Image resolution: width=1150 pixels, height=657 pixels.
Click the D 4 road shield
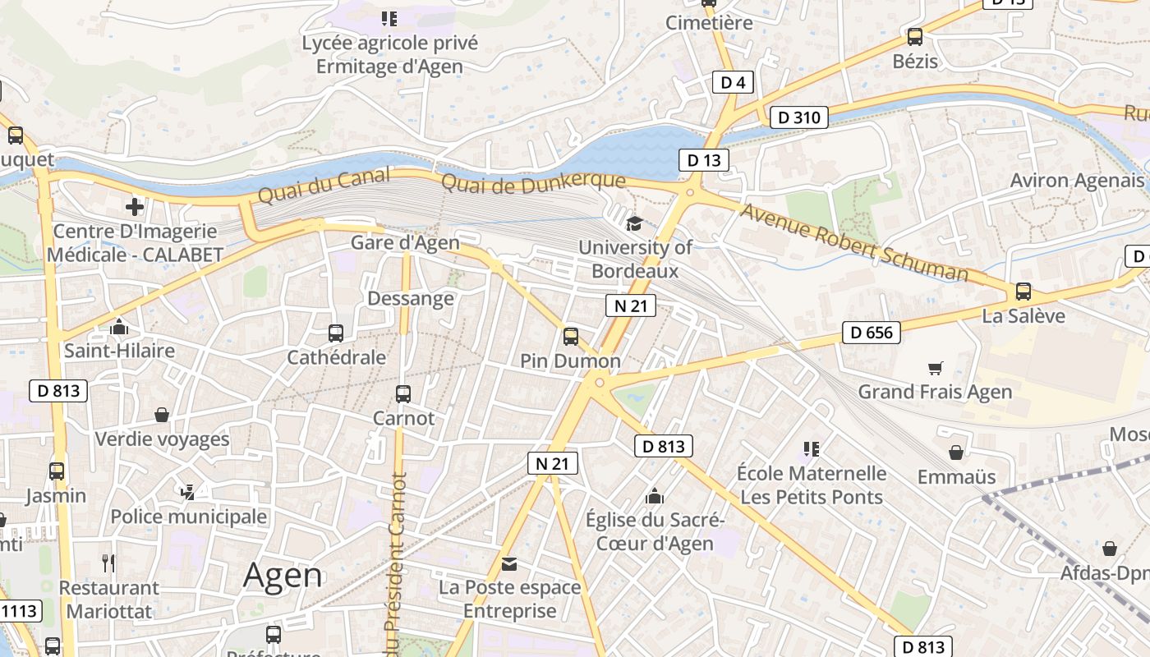(x=733, y=82)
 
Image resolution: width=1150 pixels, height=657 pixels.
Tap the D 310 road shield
(x=798, y=117)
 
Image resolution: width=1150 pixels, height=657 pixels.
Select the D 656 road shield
(x=872, y=333)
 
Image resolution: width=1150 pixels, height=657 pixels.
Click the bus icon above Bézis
(x=914, y=37)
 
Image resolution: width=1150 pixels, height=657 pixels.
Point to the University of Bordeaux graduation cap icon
(x=634, y=223)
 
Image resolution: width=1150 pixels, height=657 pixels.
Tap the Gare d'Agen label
(x=405, y=242)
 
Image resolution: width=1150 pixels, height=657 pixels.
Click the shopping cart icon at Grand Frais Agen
(x=935, y=368)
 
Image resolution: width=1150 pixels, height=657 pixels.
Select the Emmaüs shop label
(x=956, y=476)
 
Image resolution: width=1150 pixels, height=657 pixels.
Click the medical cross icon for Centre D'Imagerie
(x=135, y=207)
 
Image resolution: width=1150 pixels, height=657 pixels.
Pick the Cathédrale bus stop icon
(x=335, y=333)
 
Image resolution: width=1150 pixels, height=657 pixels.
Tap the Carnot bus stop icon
(x=402, y=393)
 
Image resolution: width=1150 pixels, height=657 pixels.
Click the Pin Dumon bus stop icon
(x=570, y=336)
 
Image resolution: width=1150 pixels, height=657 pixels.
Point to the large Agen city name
(x=283, y=576)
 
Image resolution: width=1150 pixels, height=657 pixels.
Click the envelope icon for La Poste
(x=509, y=564)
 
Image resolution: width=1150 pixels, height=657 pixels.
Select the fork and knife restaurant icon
(x=108, y=563)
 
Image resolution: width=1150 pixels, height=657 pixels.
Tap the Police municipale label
(x=188, y=517)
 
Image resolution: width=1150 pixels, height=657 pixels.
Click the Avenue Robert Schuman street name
(x=854, y=242)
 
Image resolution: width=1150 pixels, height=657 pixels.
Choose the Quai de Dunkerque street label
(x=534, y=181)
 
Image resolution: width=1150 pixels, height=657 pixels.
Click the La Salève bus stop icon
(x=1023, y=291)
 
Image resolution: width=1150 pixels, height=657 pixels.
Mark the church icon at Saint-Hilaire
(x=119, y=328)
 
